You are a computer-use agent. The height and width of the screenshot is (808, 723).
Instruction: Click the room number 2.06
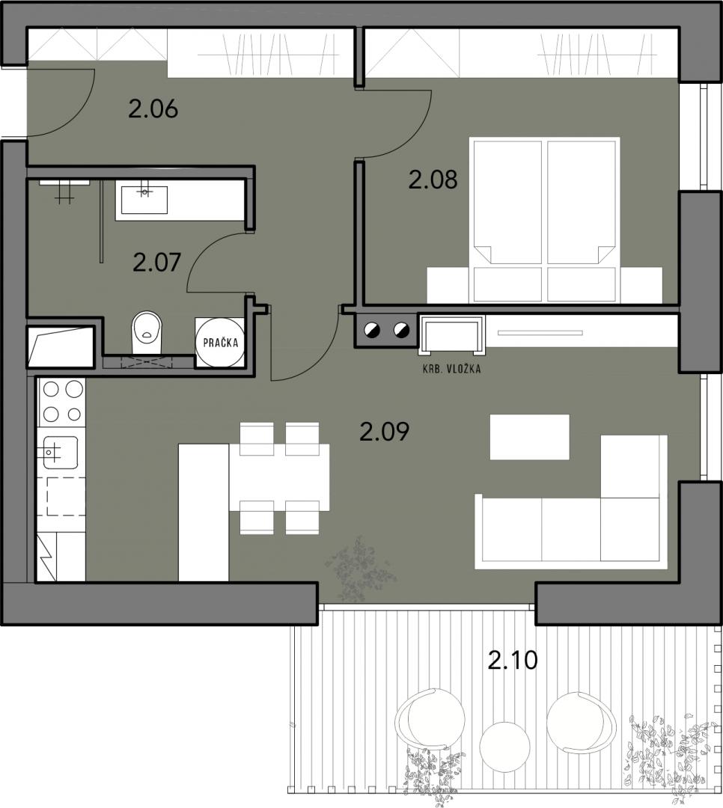tap(153, 109)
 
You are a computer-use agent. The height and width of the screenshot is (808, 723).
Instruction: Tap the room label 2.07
tap(156, 263)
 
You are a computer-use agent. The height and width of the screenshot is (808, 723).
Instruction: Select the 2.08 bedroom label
tap(433, 180)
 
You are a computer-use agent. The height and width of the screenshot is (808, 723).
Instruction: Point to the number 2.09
tap(385, 432)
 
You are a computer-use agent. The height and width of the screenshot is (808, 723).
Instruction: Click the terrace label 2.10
tap(513, 660)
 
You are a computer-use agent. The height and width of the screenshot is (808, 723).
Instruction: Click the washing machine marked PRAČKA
tap(221, 342)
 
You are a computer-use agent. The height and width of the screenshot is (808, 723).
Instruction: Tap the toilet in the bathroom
tap(147, 332)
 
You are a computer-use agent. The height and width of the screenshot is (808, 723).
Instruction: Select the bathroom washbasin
tap(144, 200)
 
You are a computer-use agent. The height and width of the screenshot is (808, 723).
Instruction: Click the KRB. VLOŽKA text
tap(452, 369)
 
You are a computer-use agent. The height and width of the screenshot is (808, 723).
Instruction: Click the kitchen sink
tap(61, 453)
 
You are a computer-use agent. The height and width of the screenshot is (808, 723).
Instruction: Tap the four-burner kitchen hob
tap(62, 402)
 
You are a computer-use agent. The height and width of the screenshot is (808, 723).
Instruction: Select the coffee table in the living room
tap(530, 437)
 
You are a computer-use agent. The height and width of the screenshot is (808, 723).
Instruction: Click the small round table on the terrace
tap(504, 746)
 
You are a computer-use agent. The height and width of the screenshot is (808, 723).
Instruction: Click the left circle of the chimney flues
tap(372, 330)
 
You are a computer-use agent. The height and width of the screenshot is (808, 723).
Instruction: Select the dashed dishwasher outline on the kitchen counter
tap(66, 496)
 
